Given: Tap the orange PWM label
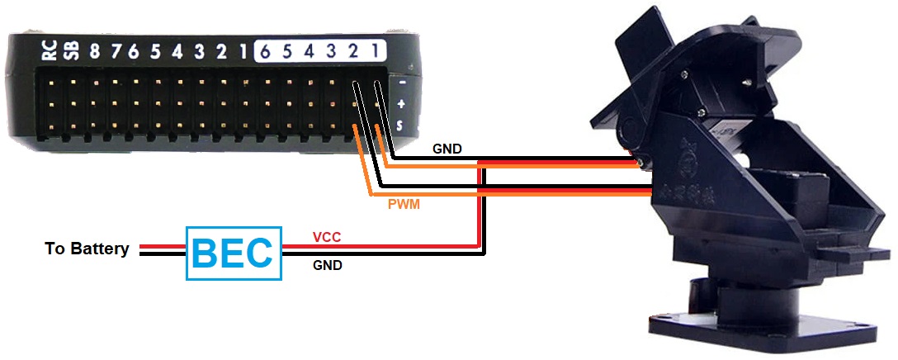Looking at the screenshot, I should pos(404,203).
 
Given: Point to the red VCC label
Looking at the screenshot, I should pos(328,238).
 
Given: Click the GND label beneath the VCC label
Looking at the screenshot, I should pos(328,266).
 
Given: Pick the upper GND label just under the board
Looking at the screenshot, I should pos(447,149).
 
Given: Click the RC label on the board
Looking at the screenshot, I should pos(50,51).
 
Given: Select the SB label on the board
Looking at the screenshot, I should pos(72,51).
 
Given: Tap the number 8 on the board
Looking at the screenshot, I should pos(95,52).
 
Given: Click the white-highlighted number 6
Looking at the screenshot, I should pos(265,52).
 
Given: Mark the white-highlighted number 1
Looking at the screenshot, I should pos(375,52).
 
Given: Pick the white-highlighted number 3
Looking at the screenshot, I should pos(330,52).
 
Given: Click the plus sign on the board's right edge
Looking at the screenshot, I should pos(401,104).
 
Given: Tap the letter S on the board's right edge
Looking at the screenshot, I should pos(401,126).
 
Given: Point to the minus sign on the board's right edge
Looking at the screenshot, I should pos(401,83).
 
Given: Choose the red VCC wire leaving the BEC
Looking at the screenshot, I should pos(380,246).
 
